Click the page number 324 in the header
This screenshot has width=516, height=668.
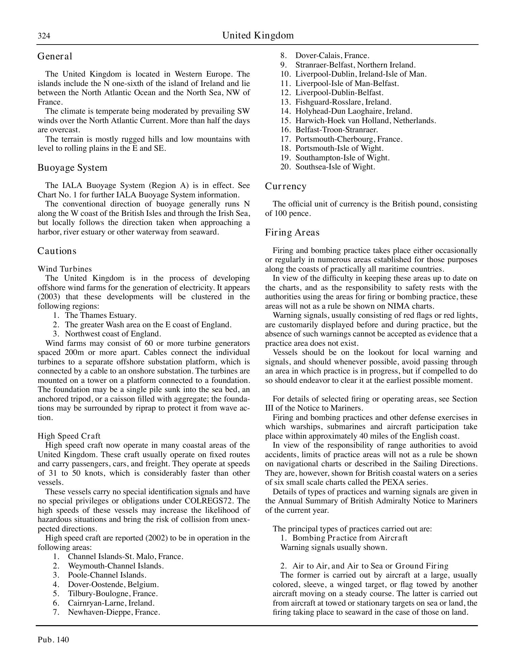tap(44, 36)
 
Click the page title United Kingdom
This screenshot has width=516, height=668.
tap(258, 35)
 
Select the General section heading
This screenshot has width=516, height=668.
tap(55, 56)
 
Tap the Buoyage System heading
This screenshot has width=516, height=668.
tap(72, 168)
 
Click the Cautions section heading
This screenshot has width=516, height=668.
tap(57, 251)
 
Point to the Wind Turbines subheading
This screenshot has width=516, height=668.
tap(64, 269)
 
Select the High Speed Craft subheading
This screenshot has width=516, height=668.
tap(69, 436)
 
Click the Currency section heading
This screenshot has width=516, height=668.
tap(285, 186)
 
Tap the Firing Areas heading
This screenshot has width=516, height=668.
tap(292, 232)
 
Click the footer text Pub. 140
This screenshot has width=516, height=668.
tap(53, 640)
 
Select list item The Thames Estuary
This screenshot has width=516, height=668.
tap(101, 315)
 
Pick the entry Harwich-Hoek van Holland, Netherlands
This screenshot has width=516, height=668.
tap(366, 120)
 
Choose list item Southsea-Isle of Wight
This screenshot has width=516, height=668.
tap(335, 167)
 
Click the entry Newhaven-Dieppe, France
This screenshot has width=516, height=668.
tap(114, 612)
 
